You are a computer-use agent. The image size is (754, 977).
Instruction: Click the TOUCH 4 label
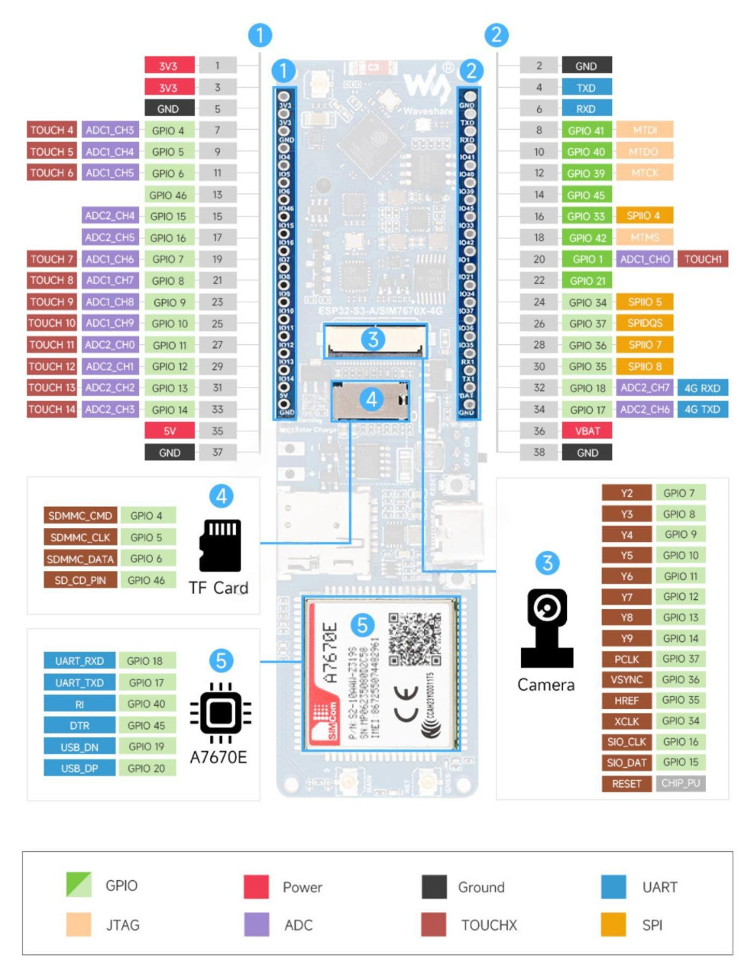[52, 130]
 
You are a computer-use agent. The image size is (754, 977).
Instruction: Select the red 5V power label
[169, 430]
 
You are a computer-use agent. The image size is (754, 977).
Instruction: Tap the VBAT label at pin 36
[587, 430]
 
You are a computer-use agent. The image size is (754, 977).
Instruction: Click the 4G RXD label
[701, 388]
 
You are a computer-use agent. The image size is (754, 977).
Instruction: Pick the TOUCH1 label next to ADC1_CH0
[702, 259]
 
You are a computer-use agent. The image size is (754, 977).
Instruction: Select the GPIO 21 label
[587, 280]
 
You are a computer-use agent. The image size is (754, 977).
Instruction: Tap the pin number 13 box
[217, 195]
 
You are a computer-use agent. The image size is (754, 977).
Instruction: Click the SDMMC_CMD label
[79, 515]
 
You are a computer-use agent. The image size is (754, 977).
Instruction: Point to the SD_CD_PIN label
[79, 580]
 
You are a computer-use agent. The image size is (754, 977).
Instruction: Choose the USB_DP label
[79, 768]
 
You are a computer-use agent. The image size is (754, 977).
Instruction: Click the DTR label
[79, 725]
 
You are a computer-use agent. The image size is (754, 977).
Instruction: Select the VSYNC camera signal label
[626, 679]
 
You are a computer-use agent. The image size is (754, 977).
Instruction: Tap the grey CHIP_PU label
[680, 783]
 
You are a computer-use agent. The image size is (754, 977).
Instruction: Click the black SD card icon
[220, 545]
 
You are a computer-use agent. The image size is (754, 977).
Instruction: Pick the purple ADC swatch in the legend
[257, 924]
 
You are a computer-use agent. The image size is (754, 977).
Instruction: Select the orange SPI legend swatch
[613, 924]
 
